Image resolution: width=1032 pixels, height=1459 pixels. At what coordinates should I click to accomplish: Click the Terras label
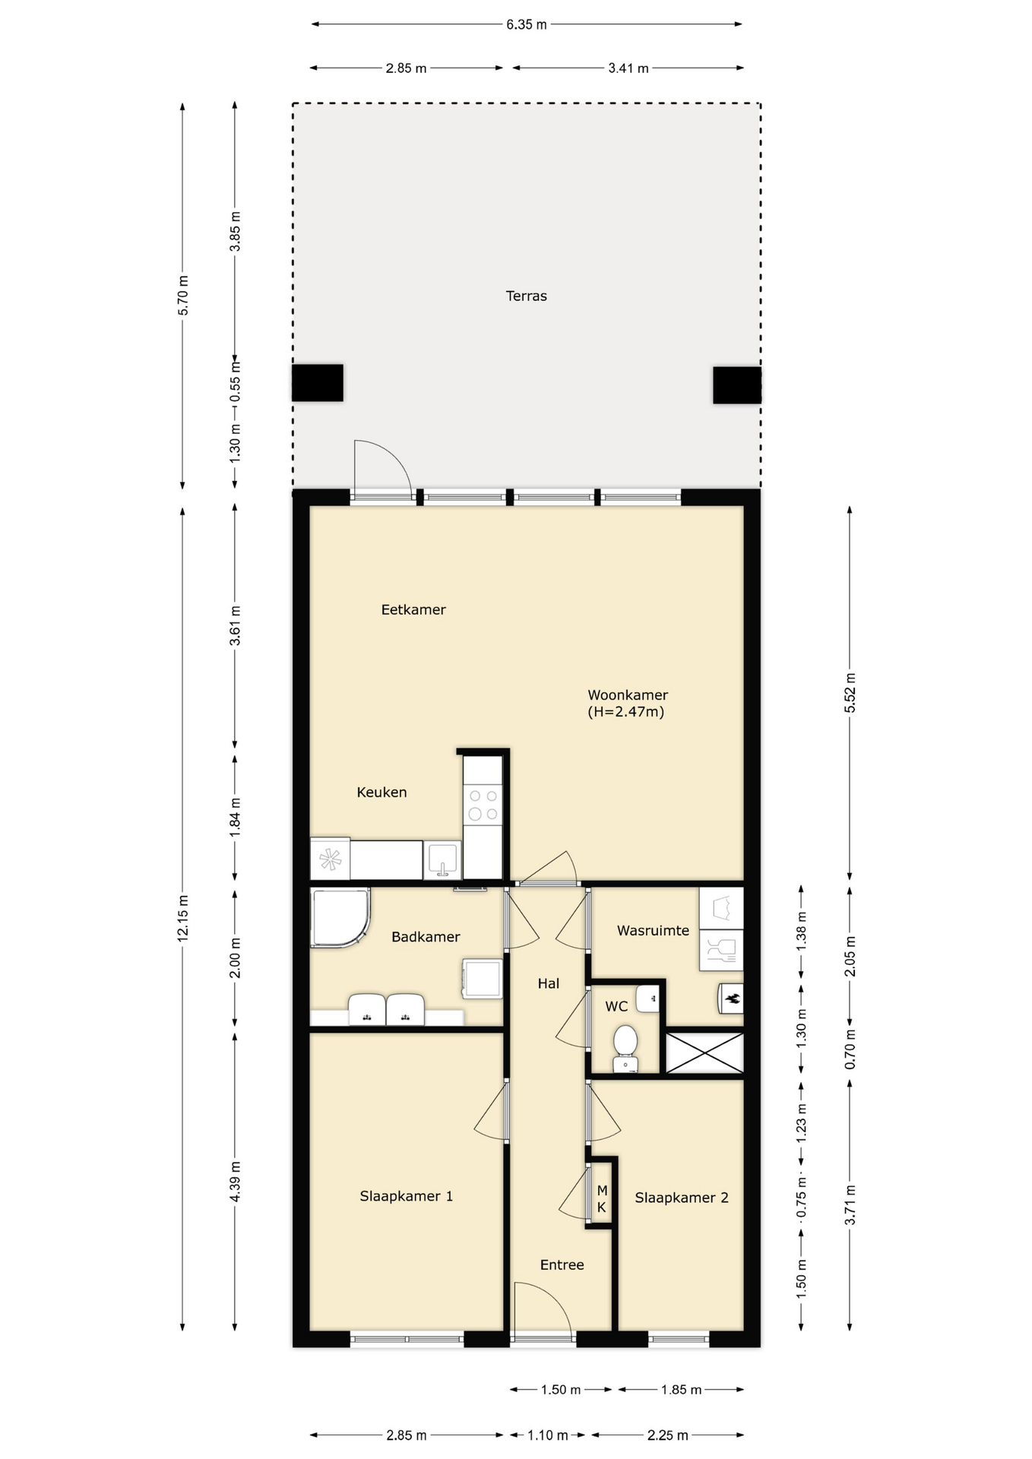[x=526, y=296]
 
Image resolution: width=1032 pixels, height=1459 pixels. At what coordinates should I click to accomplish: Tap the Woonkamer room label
[x=628, y=695]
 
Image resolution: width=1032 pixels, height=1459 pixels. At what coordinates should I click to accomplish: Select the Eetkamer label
[x=413, y=609]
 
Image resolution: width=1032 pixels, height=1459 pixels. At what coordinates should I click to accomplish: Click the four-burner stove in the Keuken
[x=483, y=805]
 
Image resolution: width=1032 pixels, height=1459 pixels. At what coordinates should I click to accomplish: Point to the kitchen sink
[x=442, y=860]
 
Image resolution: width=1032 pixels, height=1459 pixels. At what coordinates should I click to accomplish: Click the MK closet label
[x=602, y=1199]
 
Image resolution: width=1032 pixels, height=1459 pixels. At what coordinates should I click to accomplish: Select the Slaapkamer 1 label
[x=407, y=1196]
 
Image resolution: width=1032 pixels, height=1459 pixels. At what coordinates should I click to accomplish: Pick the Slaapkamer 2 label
[x=682, y=1198]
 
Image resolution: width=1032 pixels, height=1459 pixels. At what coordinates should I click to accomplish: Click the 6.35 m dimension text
[x=527, y=24]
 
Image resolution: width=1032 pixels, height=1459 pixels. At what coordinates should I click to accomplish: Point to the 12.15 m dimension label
[x=183, y=918]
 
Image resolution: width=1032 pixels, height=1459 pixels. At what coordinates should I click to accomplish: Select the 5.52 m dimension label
[x=850, y=693]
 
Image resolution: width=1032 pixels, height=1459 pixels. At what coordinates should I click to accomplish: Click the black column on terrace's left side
[x=318, y=383]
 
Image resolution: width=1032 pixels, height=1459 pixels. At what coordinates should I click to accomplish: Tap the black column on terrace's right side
[x=737, y=385]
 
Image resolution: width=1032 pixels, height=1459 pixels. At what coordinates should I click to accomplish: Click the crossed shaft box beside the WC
[x=704, y=1052]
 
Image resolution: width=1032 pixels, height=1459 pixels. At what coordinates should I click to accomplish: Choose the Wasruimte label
[x=653, y=930]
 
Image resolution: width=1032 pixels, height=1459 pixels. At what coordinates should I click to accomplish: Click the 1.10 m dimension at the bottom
[x=548, y=1435]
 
